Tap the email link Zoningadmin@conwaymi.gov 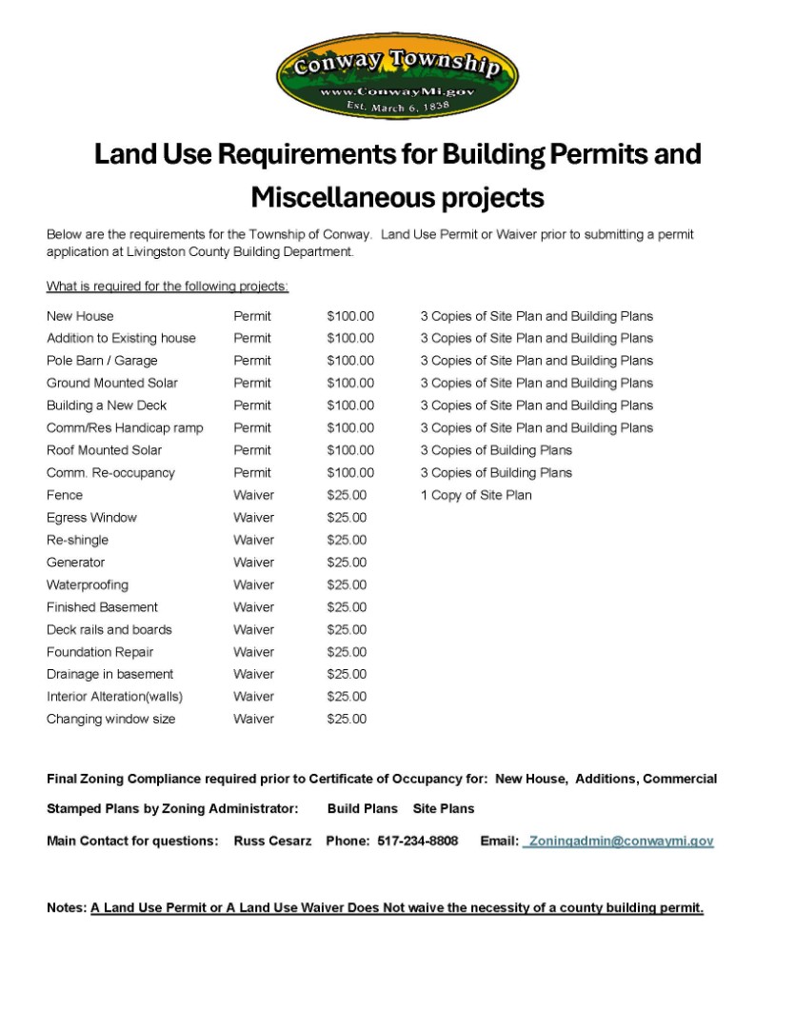click(x=620, y=841)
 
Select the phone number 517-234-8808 click(x=417, y=841)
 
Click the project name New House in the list click(x=80, y=316)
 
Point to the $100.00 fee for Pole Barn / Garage click(x=350, y=361)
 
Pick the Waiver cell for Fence click(x=253, y=495)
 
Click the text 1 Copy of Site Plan click(x=476, y=495)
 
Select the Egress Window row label click(x=91, y=518)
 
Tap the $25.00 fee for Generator click(x=347, y=563)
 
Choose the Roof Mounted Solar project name click(x=104, y=450)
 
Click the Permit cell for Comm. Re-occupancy click(x=252, y=473)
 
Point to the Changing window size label click(x=110, y=720)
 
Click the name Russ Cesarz click(x=272, y=841)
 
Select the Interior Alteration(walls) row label click(x=114, y=697)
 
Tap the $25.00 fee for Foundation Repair click(x=347, y=652)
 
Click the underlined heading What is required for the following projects click(x=168, y=287)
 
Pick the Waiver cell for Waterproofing click(x=253, y=584)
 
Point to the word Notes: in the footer click(x=67, y=908)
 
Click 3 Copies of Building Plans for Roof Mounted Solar click(x=496, y=450)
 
